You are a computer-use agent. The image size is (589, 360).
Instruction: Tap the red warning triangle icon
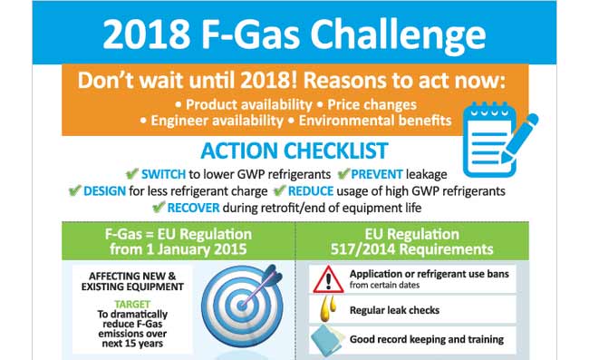click(323, 278)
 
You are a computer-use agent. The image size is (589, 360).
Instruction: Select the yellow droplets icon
click(323, 310)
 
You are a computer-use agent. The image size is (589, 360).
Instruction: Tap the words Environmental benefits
click(381, 121)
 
